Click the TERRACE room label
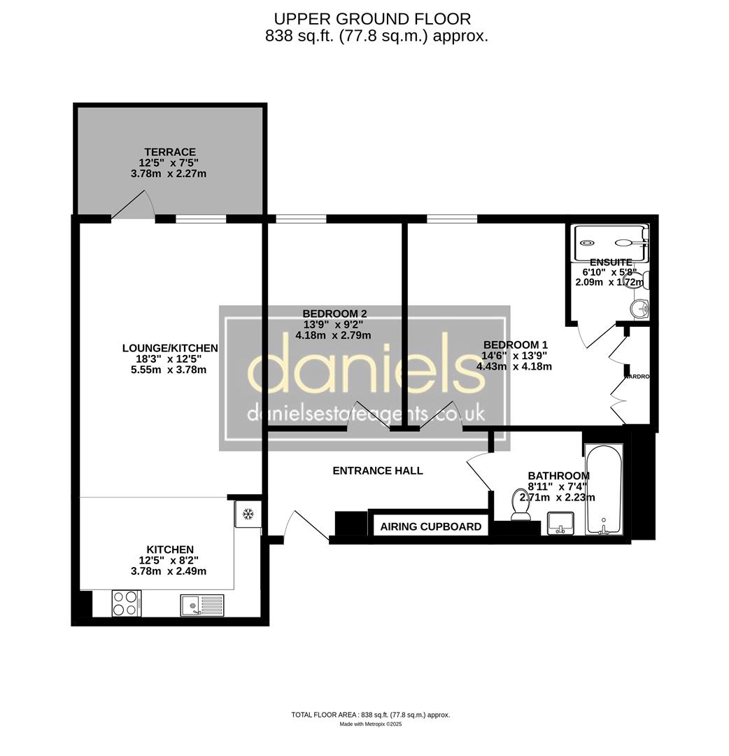170,152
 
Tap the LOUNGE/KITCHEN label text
170,348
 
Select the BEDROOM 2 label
334,314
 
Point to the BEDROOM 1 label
515,344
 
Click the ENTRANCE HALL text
377,470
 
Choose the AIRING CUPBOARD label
430,526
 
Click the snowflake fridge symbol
247,514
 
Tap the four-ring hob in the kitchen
126,603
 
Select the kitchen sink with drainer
201,604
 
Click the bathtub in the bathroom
603,490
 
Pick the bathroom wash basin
560,522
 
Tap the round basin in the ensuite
641,309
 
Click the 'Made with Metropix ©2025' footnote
371,724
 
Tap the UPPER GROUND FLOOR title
371,19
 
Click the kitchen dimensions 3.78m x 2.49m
170,571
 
